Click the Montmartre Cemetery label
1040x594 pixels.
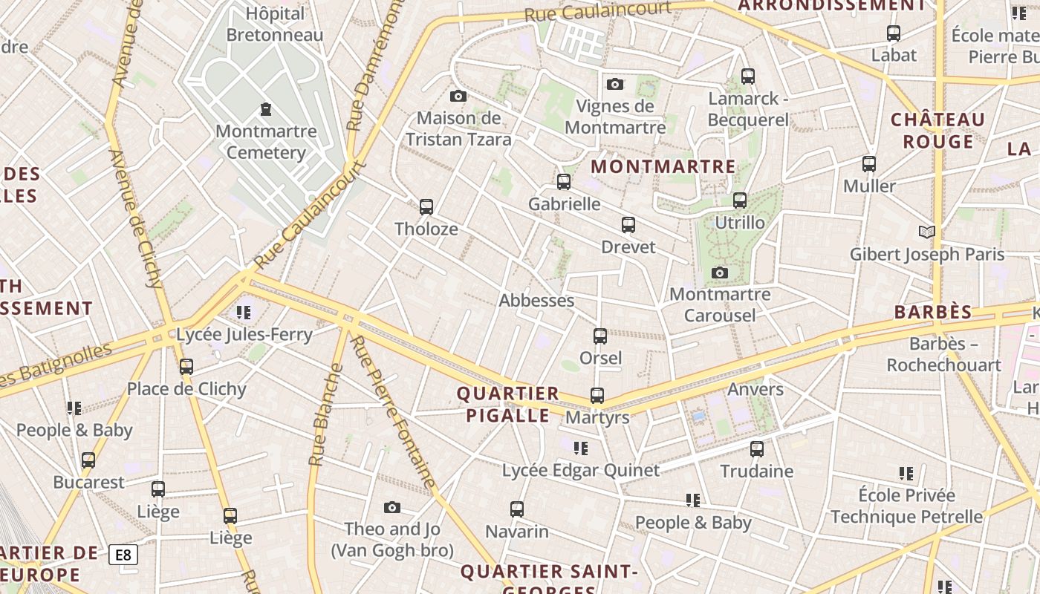click(x=266, y=142)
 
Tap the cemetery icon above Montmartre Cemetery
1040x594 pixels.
click(x=266, y=110)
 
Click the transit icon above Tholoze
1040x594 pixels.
click(x=426, y=207)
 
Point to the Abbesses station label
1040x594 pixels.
click(x=536, y=301)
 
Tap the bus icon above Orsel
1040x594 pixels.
click(x=600, y=336)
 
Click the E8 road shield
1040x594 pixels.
click(x=123, y=555)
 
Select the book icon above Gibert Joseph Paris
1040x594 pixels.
click(x=926, y=232)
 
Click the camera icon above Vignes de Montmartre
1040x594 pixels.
click(x=615, y=84)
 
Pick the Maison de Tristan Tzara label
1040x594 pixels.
click(x=458, y=128)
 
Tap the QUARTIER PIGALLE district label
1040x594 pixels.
click(x=508, y=404)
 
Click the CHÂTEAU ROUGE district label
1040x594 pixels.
click(x=937, y=131)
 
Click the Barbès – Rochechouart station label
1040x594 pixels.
click(x=943, y=354)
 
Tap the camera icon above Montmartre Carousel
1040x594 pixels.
click(x=719, y=273)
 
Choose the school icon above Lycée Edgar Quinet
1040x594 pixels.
click(x=581, y=448)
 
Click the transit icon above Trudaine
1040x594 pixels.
click(x=756, y=449)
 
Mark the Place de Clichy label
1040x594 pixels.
click(x=186, y=389)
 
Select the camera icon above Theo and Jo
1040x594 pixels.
click(x=392, y=508)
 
